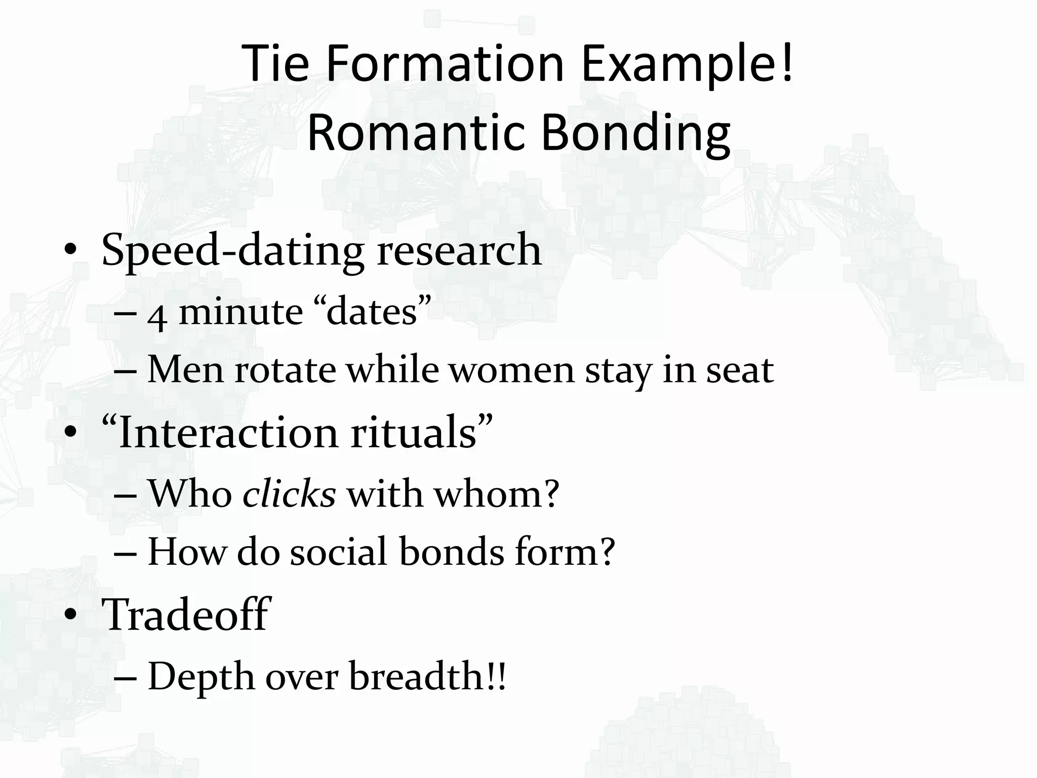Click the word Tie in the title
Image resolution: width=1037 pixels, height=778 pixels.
pyautogui.click(x=275, y=64)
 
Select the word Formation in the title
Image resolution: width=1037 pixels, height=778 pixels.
pyautogui.click(x=445, y=64)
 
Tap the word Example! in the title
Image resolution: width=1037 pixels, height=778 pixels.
pyautogui.click(x=687, y=64)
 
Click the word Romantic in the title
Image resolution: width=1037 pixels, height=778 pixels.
pyautogui.click(x=415, y=133)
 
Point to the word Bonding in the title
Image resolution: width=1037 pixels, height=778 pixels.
pyautogui.click(x=635, y=133)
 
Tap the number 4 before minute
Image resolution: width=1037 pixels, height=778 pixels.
pyautogui.click(x=157, y=314)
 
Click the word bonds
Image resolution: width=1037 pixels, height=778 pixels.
pyautogui.click(x=452, y=551)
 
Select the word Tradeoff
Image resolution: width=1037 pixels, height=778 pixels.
pyautogui.click(x=186, y=614)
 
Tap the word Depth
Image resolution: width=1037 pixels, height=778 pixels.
pyautogui.click(x=201, y=676)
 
